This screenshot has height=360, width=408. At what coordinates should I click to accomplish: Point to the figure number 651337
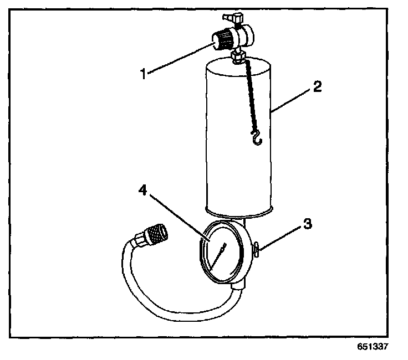tap(373, 347)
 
